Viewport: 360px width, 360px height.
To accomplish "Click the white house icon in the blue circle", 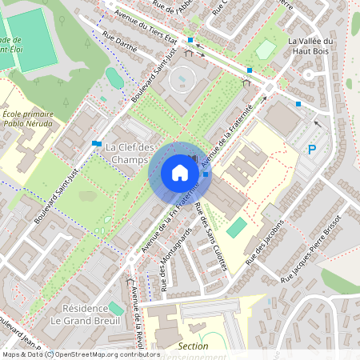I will point(180,173).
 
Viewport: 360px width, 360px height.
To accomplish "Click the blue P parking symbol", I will point(313,150).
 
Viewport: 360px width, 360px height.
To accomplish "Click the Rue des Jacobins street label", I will point(266,242).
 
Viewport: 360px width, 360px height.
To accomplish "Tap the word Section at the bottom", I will point(194,346).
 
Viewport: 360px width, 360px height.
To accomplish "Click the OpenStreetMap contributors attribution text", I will point(104,354).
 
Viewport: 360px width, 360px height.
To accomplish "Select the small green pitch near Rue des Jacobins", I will point(236,228).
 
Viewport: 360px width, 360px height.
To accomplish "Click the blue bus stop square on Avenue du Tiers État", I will point(191,39).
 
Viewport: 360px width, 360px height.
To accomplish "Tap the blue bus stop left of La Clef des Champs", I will point(97,144).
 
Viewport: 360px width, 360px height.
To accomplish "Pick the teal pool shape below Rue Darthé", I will point(114,77).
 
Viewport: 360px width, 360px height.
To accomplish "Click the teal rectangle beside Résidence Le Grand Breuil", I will point(117,307).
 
